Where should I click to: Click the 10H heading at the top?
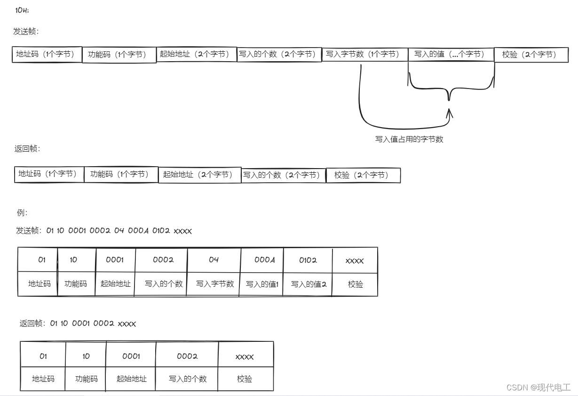click(x=22, y=10)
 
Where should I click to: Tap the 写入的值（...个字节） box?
click(x=451, y=54)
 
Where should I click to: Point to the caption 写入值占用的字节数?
click(x=409, y=139)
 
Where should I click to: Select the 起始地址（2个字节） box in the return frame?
click(x=199, y=175)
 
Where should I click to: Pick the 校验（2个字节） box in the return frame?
click(x=363, y=175)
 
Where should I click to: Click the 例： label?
click(x=22, y=212)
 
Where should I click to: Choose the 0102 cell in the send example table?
click(x=308, y=260)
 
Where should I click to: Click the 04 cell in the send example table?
click(x=214, y=260)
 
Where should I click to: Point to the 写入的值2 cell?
click(x=308, y=284)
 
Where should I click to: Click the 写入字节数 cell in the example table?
click(x=214, y=284)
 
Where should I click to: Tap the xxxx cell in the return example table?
click(x=245, y=356)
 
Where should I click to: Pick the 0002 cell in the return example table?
click(x=187, y=356)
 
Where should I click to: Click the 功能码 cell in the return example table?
click(x=87, y=379)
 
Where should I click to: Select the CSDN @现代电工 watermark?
click(x=538, y=388)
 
